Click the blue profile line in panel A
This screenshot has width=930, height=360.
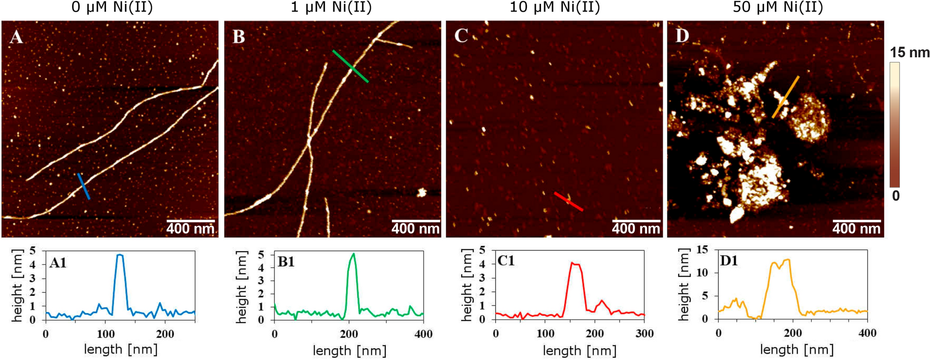tap(83, 186)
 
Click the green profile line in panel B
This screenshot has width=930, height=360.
tap(350, 66)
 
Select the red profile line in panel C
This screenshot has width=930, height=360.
tap(569, 202)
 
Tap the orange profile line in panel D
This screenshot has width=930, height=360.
tap(785, 97)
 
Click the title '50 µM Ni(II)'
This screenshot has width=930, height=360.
tap(778, 7)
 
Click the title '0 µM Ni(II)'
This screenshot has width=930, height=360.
tap(112, 7)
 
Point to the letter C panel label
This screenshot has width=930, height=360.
tap(461, 36)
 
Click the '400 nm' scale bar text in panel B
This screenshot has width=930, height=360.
tap(415, 229)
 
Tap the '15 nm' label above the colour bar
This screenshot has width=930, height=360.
tap(909, 52)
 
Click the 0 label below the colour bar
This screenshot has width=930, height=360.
tap(895, 196)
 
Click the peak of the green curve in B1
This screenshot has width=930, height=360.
tap(353, 254)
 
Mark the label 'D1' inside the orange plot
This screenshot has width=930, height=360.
tap(728, 261)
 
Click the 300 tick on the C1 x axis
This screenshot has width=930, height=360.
tap(644, 334)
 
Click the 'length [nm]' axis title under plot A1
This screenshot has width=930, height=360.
tap(120, 349)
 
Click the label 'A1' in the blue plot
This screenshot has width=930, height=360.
tap(58, 263)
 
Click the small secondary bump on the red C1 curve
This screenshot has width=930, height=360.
tap(601, 300)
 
